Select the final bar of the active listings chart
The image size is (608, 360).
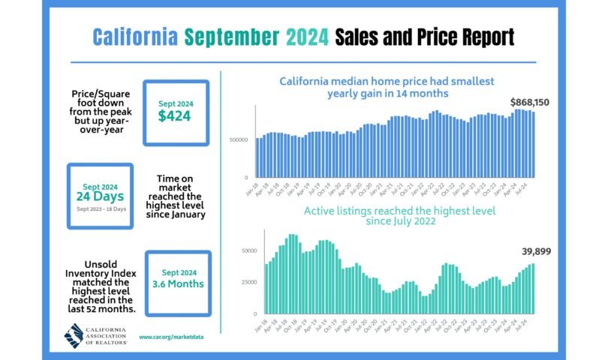(x=533, y=289)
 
